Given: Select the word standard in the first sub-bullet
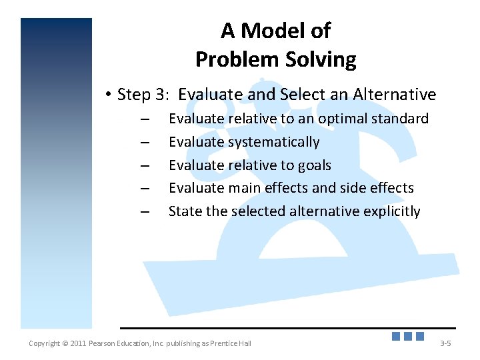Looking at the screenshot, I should coord(400,119).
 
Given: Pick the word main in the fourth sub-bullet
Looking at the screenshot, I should coord(246,188).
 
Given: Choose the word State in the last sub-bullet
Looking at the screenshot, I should coord(183,211).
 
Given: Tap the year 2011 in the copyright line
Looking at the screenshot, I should coord(78,343).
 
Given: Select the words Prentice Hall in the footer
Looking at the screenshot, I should coord(229,343).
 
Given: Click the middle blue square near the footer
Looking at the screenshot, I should coord(407,336).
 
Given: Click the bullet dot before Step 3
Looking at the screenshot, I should coord(108,95).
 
